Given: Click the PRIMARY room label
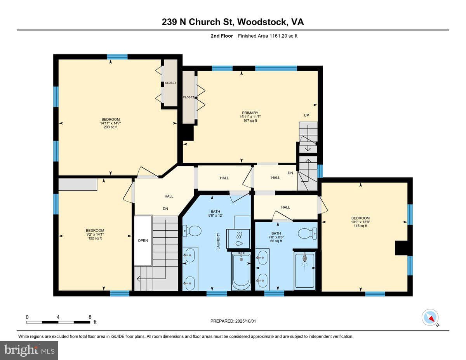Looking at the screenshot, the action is coord(250,113).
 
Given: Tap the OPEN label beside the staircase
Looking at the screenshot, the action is coord(143,240).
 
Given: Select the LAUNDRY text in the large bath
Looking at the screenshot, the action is coord(219,241).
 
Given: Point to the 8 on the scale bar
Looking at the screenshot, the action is coord(90,317).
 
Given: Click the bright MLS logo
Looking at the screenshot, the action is coord(29,351).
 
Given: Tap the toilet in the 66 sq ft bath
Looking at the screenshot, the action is coord(307,233).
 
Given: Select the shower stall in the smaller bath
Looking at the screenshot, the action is coord(305,271).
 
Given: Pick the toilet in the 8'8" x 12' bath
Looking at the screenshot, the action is coord(192,231).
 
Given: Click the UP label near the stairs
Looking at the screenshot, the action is coord(306,115).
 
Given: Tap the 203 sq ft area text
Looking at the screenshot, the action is coord(110,127).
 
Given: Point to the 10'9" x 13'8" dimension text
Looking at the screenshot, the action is coord(360,222).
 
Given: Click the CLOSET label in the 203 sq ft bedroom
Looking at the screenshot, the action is coord(170,83).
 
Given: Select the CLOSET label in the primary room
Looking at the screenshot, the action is coord(188,97).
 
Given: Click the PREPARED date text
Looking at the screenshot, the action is coord(233,321).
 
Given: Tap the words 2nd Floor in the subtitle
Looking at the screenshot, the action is coord(222,36).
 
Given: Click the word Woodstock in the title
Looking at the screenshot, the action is coord(261,22).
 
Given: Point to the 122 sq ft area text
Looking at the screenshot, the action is coord(95,238).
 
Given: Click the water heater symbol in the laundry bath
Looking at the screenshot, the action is coord(239,239).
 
